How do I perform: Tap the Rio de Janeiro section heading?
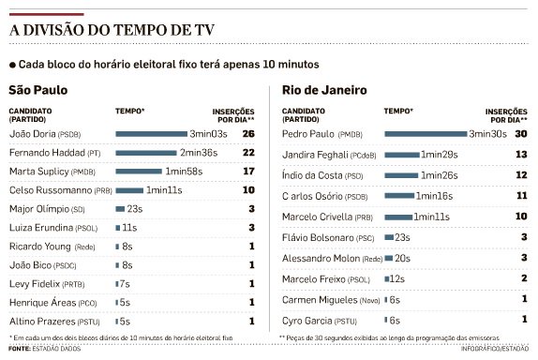click(x=319, y=91)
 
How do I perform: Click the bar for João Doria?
click(x=151, y=134)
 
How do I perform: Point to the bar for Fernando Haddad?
click(x=145, y=153)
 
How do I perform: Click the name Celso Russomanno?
click(x=48, y=190)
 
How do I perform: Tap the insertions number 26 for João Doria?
click(x=248, y=134)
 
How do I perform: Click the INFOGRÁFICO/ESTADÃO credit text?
click(x=496, y=350)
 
